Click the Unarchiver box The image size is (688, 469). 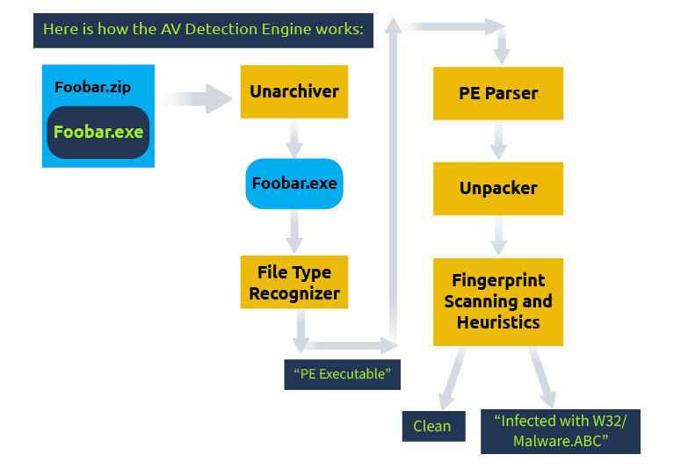[x=293, y=91]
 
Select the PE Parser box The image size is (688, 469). [x=498, y=93]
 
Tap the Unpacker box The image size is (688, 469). [x=498, y=188]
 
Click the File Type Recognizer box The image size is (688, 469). [x=293, y=282]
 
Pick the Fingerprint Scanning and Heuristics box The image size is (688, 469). [x=498, y=301]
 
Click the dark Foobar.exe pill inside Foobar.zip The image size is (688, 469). [x=98, y=133]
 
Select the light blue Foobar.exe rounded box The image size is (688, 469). [x=293, y=184]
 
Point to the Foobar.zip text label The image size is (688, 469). [x=92, y=87]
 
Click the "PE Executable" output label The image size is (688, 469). [x=342, y=374]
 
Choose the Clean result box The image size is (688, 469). [x=432, y=426]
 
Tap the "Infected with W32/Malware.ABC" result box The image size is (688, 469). [x=560, y=431]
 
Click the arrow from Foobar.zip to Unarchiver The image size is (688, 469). [x=198, y=97]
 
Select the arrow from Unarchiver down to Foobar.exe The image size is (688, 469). [x=294, y=137]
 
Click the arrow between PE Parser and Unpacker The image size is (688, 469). [x=499, y=141]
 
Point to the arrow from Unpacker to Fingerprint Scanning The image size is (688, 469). [x=499, y=235]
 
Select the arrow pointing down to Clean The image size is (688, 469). [x=453, y=375]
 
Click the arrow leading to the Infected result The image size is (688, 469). [x=541, y=375]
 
